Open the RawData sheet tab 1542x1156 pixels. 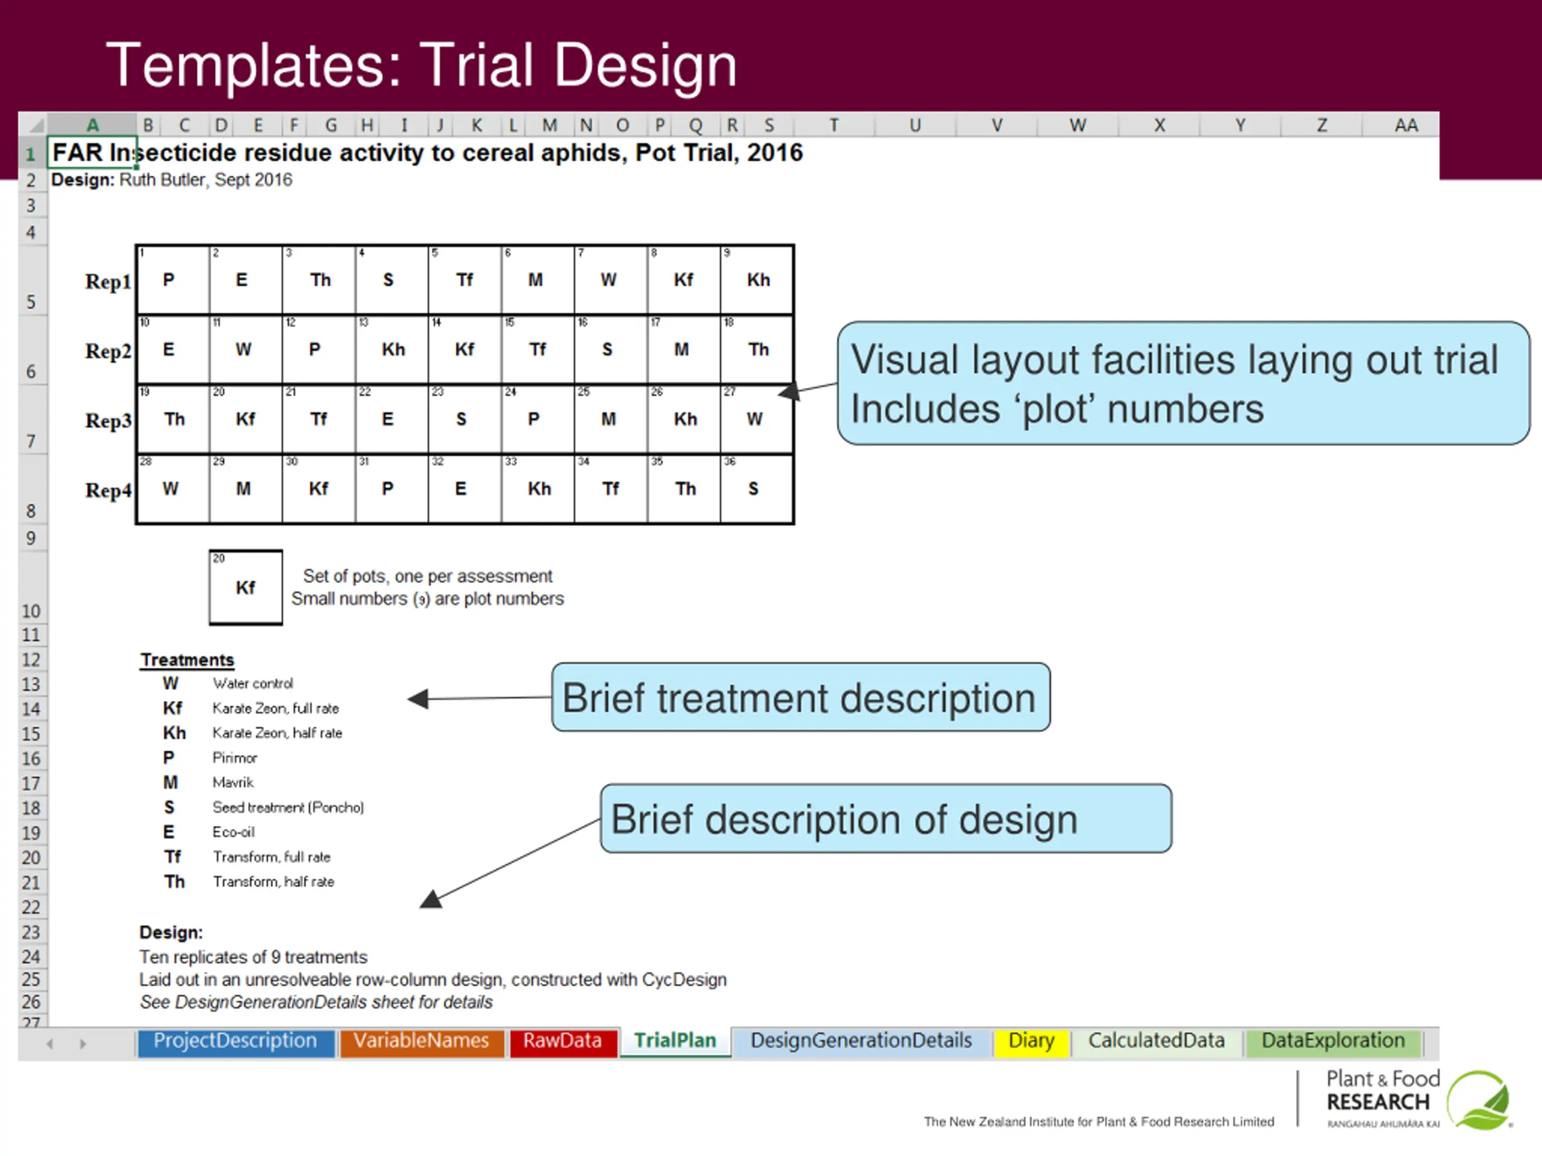(x=563, y=1041)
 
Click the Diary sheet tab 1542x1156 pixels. (x=1031, y=1041)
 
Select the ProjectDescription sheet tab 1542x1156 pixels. (x=235, y=1041)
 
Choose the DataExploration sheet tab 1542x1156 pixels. (x=1332, y=1041)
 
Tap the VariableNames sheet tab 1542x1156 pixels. (x=421, y=1041)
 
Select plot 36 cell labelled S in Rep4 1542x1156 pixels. (x=757, y=489)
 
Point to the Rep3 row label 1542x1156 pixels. (x=108, y=421)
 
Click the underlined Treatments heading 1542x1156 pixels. (x=187, y=660)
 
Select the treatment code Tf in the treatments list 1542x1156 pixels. (x=172, y=857)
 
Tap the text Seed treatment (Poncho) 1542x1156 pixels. (x=288, y=807)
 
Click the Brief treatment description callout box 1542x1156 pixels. (x=801, y=697)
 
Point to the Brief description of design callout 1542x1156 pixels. (x=885, y=819)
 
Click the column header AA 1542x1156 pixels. (x=1405, y=125)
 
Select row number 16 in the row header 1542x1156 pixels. (x=31, y=759)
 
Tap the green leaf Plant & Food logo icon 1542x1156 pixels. (x=1478, y=1100)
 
